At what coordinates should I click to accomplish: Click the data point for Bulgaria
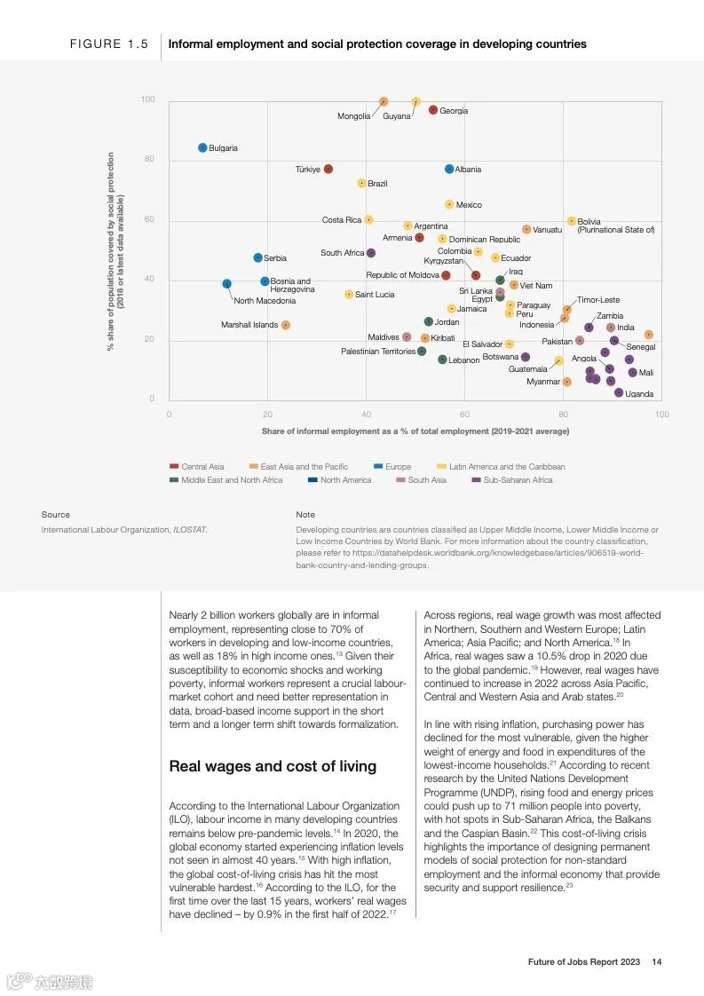[202, 148]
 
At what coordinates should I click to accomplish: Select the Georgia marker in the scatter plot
[433, 110]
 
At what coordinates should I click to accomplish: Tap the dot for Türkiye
[328, 169]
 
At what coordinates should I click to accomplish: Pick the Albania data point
[449, 169]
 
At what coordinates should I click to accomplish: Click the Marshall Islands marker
[286, 325]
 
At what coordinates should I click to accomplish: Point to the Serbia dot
[258, 257]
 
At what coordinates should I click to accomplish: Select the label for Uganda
[639, 394]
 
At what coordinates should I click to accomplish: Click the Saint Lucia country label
[375, 295]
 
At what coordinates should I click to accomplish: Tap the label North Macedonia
[265, 301]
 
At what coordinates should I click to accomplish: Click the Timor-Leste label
[598, 300]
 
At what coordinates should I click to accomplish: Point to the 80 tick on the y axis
[149, 160]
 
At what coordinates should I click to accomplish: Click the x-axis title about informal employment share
[415, 431]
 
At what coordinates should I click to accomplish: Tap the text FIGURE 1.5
[108, 44]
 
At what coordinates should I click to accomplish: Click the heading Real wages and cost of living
[273, 766]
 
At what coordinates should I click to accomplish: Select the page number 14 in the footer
[656, 962]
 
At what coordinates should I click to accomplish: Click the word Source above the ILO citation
[55, 515]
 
